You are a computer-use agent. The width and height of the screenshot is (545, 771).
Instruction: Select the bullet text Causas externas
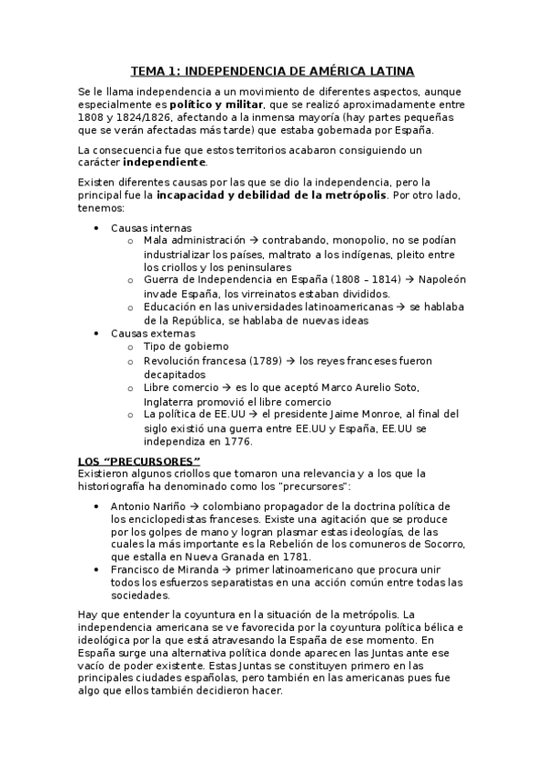pos(152,333)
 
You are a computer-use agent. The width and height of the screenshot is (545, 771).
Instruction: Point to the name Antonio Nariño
pos(147,505)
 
